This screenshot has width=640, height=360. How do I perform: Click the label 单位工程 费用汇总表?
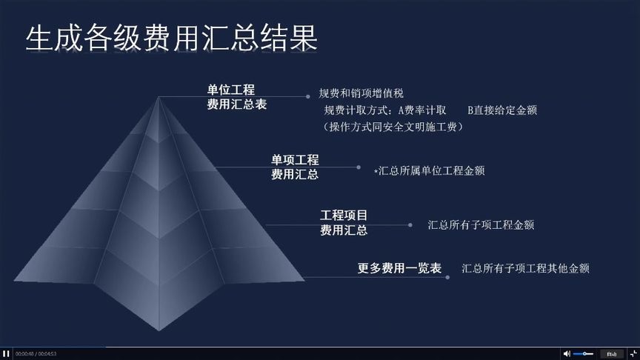(x=236, y=97)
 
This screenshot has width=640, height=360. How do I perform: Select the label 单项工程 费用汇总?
(x=295, y=167)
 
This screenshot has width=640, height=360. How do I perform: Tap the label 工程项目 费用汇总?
(x=344, y=222)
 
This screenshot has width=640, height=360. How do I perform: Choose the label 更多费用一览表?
(x=399, y=268)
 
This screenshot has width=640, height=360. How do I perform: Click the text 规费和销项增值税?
(x=361, y=93)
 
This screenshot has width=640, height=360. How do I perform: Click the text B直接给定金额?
(x=502, y=110)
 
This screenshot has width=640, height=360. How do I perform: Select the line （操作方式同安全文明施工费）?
(x=393, y=127)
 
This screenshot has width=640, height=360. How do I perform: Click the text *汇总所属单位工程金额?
(x=430, y=170)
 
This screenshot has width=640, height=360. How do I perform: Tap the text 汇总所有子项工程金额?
(x=481, y=224)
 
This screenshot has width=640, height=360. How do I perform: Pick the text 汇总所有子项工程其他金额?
(x=525, y=268)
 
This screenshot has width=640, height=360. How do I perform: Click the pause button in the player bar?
(x=6, y=353)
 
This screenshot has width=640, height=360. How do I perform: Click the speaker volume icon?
(x=567, y=353)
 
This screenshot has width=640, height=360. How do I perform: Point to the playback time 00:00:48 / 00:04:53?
(x=36, y=354)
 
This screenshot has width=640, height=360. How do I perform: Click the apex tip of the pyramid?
(x=158, y=97)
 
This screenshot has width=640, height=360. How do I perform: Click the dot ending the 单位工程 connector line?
(x=307, y=96)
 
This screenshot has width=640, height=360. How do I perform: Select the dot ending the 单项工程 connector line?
(x=359, y=167)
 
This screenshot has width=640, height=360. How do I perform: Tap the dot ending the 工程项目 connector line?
(x=410, y=224)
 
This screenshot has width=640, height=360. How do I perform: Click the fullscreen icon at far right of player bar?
(x=632, y=353)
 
